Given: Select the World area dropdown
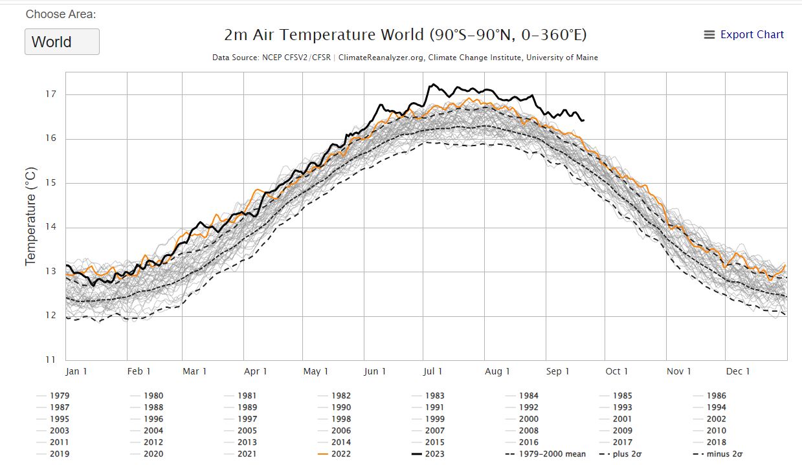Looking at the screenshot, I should [x=62, y=42].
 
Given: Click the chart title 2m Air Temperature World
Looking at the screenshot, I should [x=405, y=35].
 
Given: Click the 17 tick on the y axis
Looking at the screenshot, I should [x=50, y=94].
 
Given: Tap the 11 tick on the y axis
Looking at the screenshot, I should [x=50, y=360].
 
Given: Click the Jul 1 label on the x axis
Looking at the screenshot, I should [x=433, y=371].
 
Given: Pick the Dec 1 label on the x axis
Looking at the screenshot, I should [x=739, y=371].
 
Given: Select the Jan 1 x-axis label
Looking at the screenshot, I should [x=76, y=371].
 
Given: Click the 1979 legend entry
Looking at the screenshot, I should [x=59, y=396].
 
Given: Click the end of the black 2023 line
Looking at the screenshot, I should [x=583, y=120].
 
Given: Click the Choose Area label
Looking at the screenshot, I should [x=61, y=14].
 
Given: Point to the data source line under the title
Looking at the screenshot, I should [x=405, y=58].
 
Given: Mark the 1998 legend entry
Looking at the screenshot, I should [x=341, y=419].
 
